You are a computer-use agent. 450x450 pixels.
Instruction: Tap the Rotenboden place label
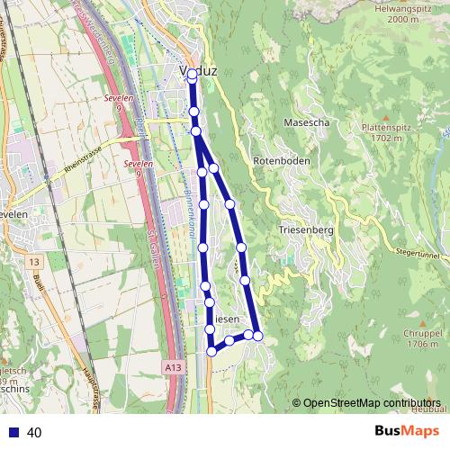(281, 160)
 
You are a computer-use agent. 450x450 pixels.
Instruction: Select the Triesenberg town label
(307, 229)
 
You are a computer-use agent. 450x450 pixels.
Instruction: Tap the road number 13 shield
(34, 261)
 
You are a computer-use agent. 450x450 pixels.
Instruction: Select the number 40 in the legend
(35, 432)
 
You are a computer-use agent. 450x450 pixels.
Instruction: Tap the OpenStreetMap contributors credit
(366, 402)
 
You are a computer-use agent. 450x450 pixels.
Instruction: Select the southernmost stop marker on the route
(211, 351)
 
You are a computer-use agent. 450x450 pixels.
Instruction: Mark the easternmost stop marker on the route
(258, 336)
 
